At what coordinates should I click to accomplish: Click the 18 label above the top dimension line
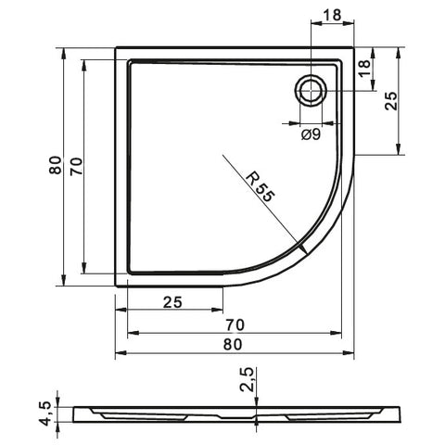coord(332,15)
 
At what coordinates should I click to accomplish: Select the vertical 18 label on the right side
coord(364,69)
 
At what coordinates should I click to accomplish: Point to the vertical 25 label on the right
coord(391,101)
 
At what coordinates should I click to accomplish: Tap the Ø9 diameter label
coord(311,134)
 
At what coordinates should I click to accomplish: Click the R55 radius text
coord(261,187)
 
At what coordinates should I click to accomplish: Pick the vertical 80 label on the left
coord(56,165)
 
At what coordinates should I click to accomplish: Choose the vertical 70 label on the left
coord(76,166)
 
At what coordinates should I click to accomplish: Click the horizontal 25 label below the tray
coord(172,302)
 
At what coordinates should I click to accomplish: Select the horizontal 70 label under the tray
coord(235,324)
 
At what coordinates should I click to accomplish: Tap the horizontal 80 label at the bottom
coord(233,344)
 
